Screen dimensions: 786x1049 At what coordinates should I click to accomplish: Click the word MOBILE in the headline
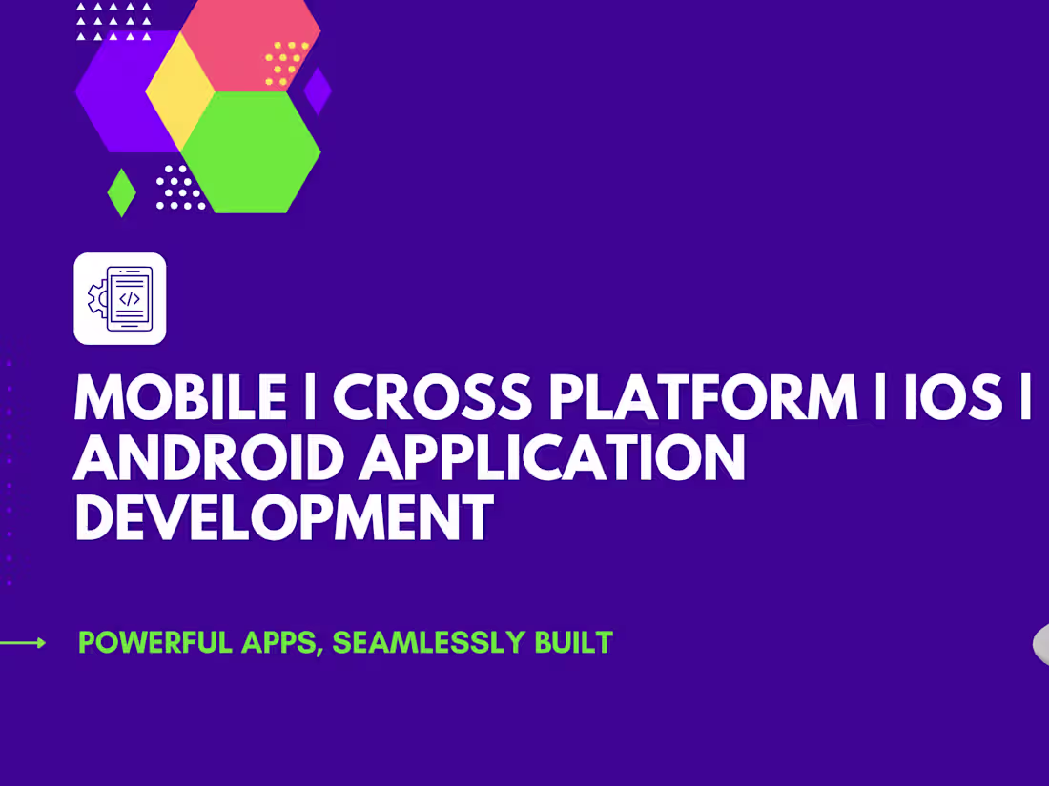click(180, 397)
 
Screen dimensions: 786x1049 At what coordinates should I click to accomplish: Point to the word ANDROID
click(209, 458)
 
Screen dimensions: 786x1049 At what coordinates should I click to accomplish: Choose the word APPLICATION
click(555, 458)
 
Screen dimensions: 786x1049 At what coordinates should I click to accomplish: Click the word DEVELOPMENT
click(283, 518)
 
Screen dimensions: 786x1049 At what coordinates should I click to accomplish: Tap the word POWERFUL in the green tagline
click(155, 643)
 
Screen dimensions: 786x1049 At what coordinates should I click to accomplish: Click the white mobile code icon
click(120, 298)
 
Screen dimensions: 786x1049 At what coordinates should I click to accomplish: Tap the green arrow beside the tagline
click(23, 643)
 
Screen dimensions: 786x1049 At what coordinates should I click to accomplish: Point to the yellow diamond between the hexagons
click(180, 91)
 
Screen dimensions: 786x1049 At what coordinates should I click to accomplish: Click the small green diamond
click(121, 192)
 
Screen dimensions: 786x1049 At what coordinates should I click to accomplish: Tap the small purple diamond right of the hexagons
click(318, 91)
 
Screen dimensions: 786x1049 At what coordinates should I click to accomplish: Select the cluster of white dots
click(179, 188)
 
